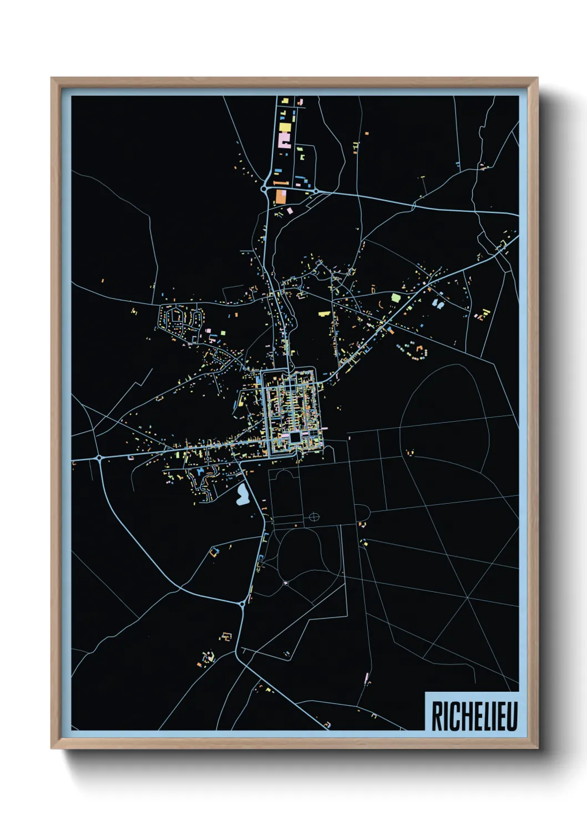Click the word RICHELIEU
(474, 716)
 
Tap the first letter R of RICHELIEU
(437, 716)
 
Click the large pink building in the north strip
(285, 139)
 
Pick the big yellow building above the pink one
(285, 127)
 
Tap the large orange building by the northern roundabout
(281, 196)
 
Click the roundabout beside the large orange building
(265, 189)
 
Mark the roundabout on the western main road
(99, 458)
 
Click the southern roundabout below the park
(242, 603)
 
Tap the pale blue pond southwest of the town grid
(242, 495)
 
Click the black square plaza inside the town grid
(295, 438)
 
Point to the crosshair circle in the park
(314, 517)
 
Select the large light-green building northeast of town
(396, 297)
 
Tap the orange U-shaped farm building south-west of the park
(214, 551)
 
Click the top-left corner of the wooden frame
(52, 78)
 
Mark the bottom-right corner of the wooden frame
(537, 748)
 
